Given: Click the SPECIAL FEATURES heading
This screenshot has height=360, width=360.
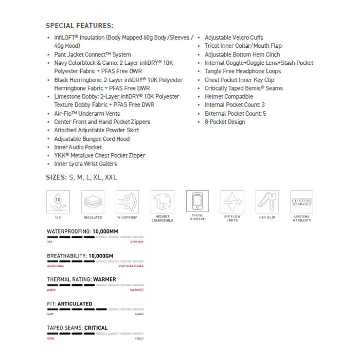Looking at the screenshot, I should click(x=80, y=26).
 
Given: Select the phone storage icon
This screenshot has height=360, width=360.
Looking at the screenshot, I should click(x=197, y=202).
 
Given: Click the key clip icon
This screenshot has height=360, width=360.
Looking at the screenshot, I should click(x=266, y=202).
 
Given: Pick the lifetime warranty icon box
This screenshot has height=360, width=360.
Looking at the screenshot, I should click(x=301, y=202).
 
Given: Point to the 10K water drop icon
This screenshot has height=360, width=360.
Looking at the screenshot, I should click(x=58, y=202).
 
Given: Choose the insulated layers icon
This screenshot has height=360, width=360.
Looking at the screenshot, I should click(x=93, y=202).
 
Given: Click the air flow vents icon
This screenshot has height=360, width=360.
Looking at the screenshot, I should click(x=232, y=202).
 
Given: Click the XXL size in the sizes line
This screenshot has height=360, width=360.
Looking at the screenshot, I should click(x=111, y=177).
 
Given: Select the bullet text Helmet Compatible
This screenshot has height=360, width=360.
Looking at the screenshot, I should click(x=229, y=97).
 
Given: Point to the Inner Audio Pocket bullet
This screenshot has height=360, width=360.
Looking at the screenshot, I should click(x=78, y=147).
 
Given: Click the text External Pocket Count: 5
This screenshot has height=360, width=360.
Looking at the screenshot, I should click(x=235, y=114).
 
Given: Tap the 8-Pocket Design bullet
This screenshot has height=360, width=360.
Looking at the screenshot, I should click(x=225, y=122).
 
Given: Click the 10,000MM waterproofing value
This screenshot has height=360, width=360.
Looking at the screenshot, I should click(x=105, y=231).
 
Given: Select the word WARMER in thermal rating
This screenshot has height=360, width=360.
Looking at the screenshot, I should click(x=104, y=279).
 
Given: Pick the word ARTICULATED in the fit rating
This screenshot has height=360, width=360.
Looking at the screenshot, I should click(x=75, y=303).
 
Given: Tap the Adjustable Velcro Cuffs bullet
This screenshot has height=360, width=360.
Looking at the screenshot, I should click(x=234, y=38).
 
